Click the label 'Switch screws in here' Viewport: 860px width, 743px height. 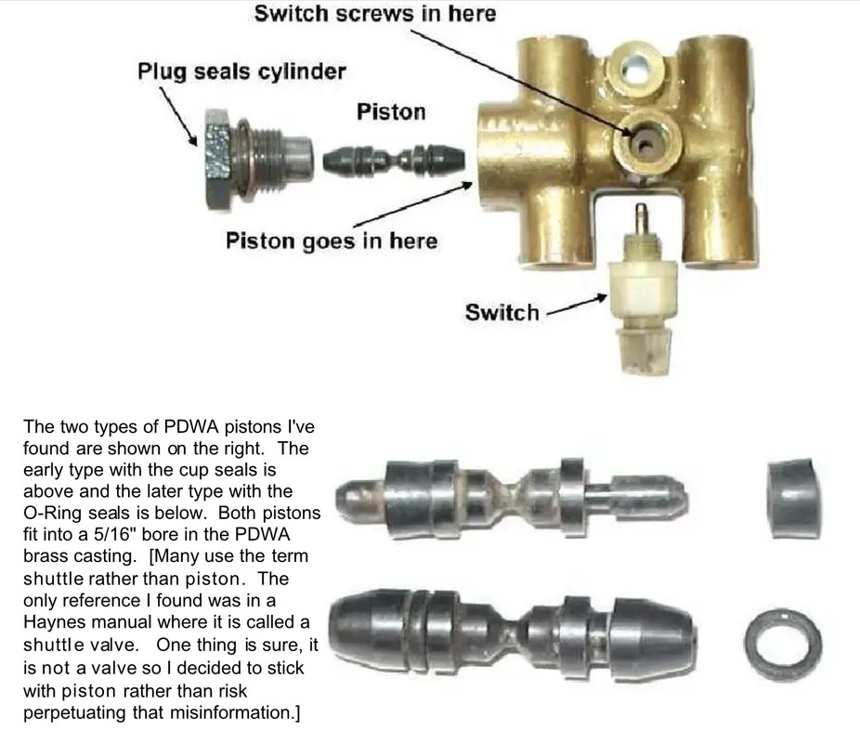click(x=374, y=14)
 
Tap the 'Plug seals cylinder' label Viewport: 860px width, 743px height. click(x=241, y=72)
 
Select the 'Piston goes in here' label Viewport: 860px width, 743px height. click(x=332, y=241)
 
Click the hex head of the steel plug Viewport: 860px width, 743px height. click(x=217, y=159)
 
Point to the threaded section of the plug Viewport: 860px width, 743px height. click(x=268, y=159)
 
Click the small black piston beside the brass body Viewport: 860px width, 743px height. click(x=394, y=160)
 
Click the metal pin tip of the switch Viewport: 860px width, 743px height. click(x=640, y=213)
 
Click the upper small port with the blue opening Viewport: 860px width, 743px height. click(x=637, y=68)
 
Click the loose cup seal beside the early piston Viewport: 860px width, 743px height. click(x=794, y=498)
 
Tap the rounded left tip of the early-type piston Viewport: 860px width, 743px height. click(x=348, y=499)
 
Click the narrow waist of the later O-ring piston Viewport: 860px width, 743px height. click(x=511, y=636)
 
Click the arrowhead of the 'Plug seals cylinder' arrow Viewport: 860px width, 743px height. click(x=192, y=140)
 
